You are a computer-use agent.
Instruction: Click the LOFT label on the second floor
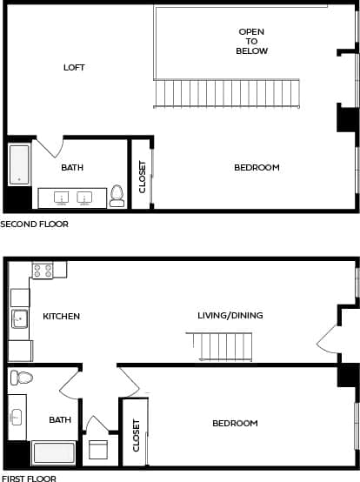(x=74, y=68)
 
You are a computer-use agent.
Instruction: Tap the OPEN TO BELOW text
(x=251, y=41)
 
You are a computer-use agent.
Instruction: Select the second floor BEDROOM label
(x=257, y=167)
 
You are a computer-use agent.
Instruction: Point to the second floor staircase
(x=227, y=93)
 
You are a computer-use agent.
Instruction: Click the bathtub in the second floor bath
(x=19, y=164)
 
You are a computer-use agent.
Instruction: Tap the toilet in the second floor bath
(x=117, y=197)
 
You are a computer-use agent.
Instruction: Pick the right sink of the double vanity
(x=85, y=197)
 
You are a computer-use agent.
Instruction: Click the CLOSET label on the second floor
(x=143, y=176)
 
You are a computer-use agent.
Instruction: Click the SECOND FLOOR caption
(x=34, y=224)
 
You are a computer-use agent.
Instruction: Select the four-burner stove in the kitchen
(x=43, y=271)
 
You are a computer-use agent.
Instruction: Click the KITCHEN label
(x=62, y=316)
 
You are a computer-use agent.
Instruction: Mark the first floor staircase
(x=224, y=346)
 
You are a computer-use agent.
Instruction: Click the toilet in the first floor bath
(x=20, y=378)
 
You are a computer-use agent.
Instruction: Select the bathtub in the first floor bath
(x=53, y=453)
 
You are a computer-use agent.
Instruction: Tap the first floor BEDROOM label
(x=235, y=423)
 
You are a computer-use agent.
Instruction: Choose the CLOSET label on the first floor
(x=136, y=435)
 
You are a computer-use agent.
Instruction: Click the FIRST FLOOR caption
(x=29, y=478)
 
